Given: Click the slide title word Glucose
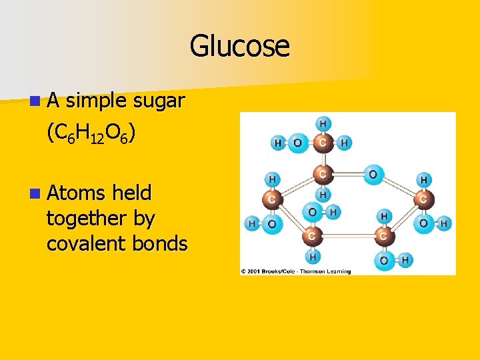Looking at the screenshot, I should (x=239, y=46).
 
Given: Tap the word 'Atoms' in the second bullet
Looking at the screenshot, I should (x=75, y=193).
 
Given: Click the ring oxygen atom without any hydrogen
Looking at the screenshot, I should (x=373, y=175).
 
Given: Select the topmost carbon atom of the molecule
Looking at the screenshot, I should (x=323, y=142).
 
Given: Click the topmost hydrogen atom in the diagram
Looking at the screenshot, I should (x=323, y=123).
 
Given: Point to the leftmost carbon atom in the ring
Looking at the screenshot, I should (x=271, y=199).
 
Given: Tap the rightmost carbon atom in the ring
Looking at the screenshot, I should (x=423, y=199).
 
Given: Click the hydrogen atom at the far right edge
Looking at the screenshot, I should (x=443, y=224).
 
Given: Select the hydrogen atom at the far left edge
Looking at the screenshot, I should (x=252, y=224).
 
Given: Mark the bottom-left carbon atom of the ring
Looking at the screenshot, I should (x=311, y=236).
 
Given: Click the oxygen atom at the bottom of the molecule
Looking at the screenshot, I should (x=384, y=260).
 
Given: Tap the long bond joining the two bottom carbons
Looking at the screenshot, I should (x=347, y=236).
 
